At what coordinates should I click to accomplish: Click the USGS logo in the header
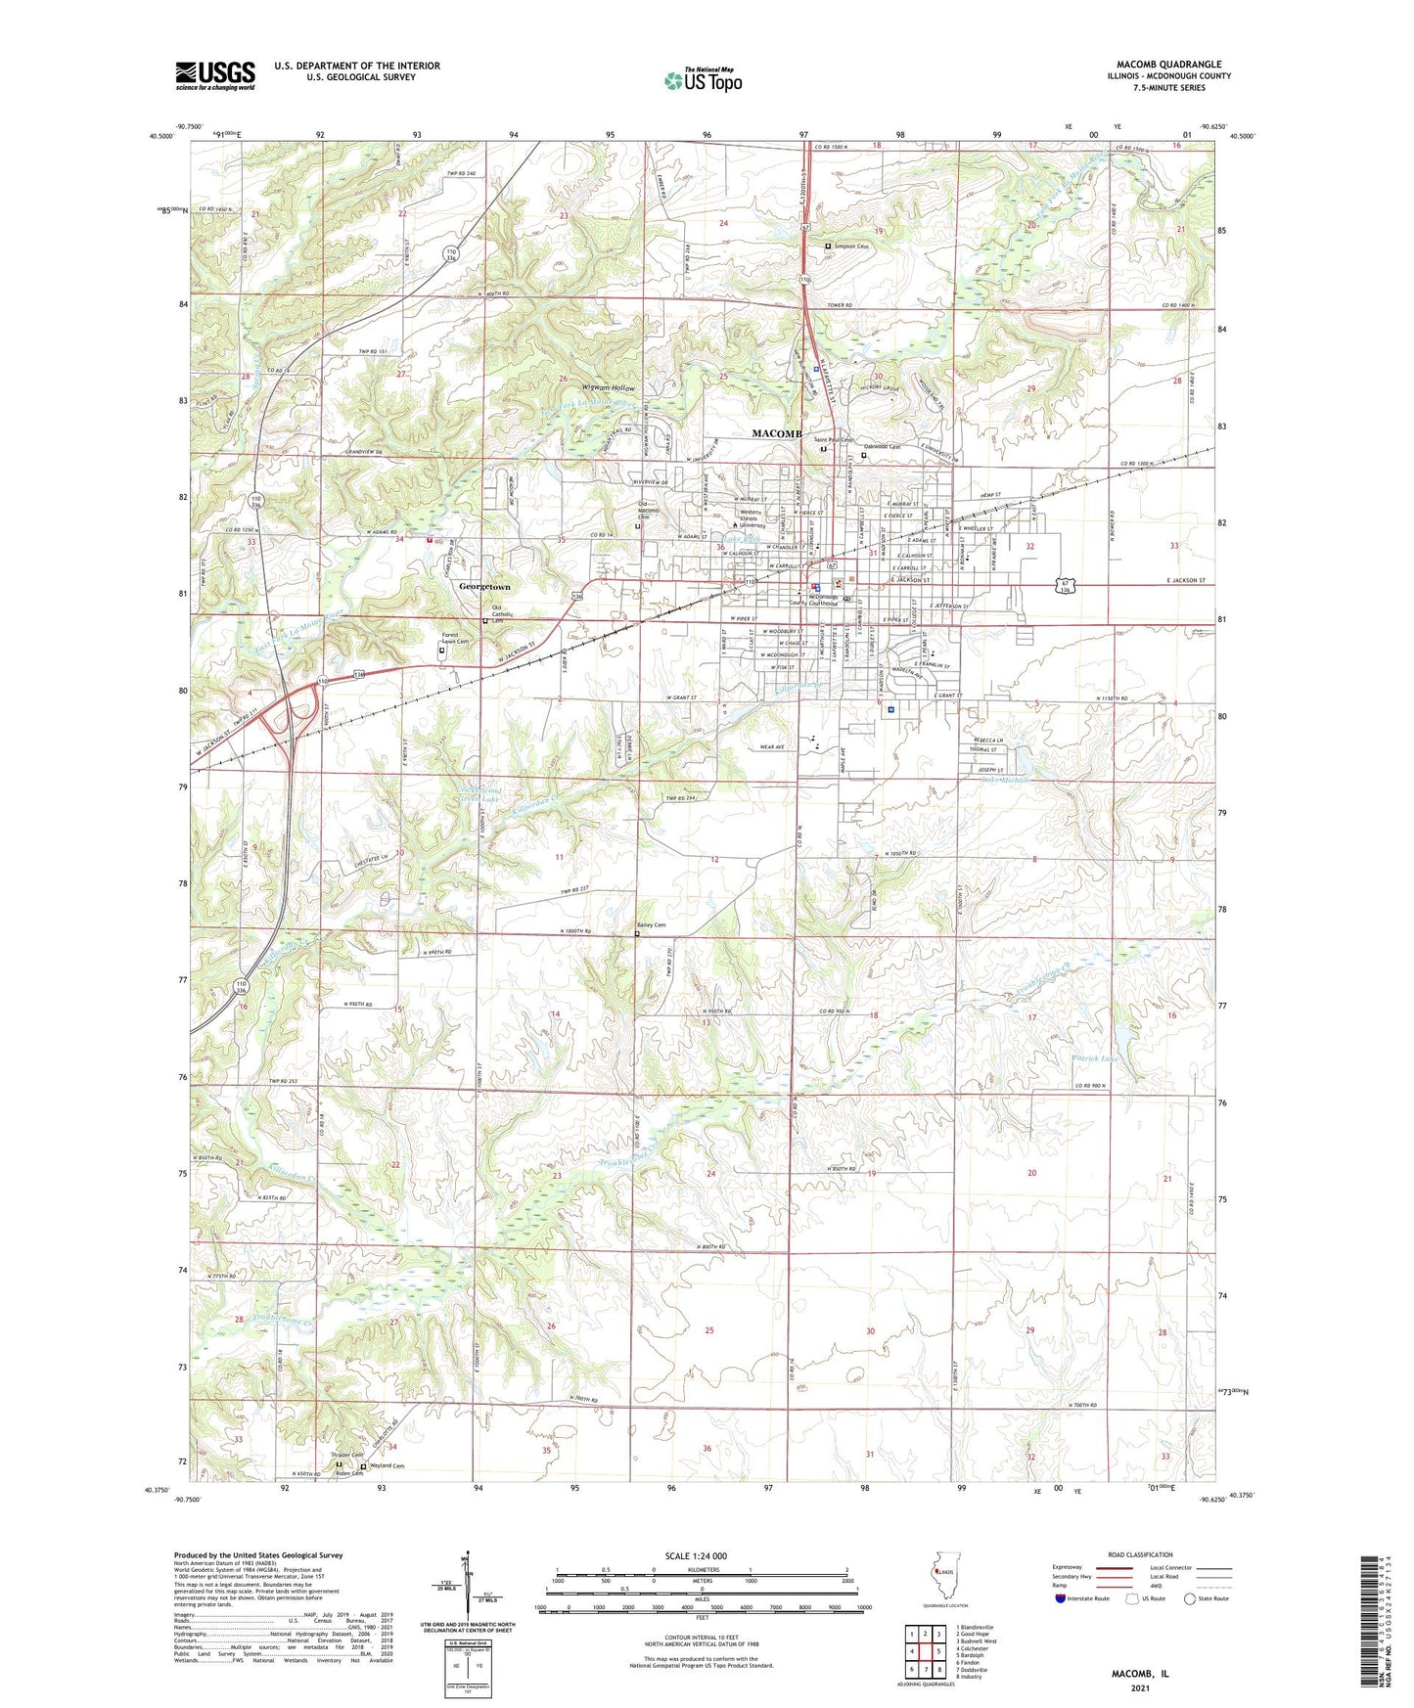pyautogui.click(x=215, y=74)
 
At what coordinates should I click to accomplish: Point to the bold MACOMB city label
pyautogui.click(x=777, y=433)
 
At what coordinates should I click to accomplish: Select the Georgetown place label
pyautogui.click(x=484, y=586)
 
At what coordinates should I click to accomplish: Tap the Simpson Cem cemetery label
pyautogui.click(x=850, y=247)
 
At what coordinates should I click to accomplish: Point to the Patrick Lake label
pyautogui.click(x=1097, y=1058)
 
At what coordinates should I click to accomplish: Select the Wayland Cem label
pyautogui.click(x=386, y=1466)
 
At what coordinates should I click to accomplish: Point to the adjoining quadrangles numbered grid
pyautogui.click(x=924, y=1655)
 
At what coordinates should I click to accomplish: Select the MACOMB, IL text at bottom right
pyautogui.click(x=1139, y=1674)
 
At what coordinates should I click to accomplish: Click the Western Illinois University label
pyautogui.click(x=752, y=518)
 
